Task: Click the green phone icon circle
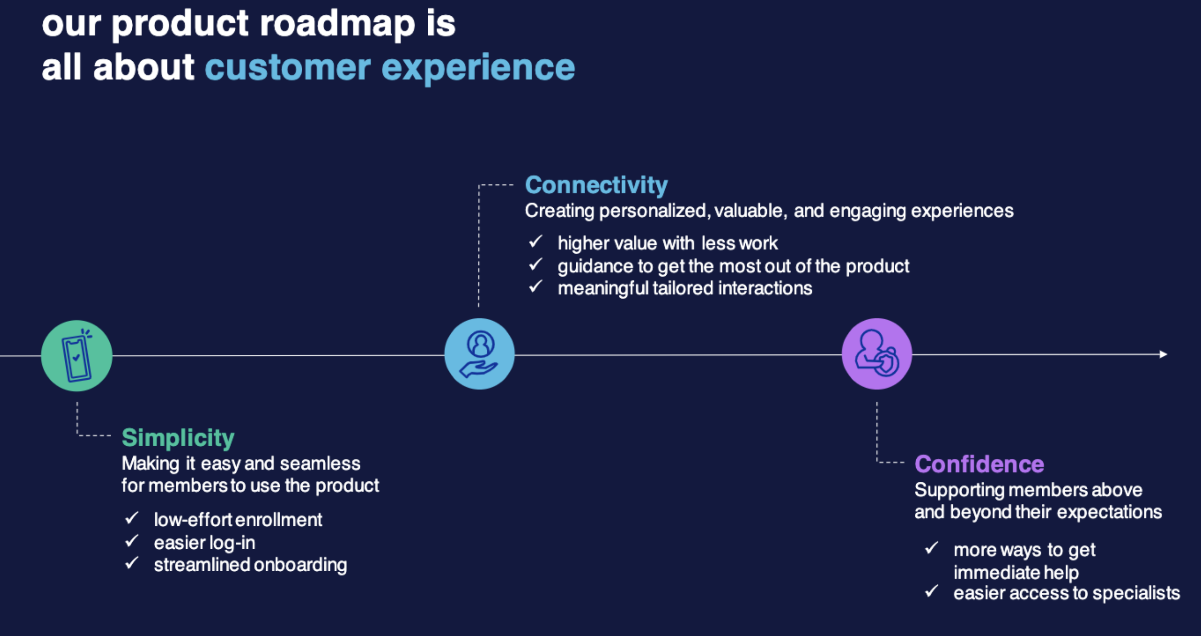click(x=77, y=355)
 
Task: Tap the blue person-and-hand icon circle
click(x=480, y=354)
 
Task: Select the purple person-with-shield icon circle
click(x=877, y=354)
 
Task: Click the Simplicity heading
click(x=178, y=437)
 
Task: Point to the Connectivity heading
click(x=596, y=185)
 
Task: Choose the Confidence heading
click(x=979, y=464)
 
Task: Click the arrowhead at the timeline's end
click(x=1163, y=354)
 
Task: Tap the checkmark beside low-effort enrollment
click(x=132, y=518)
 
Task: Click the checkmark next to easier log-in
click(x=132, y=541)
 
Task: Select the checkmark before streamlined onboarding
click(x=132, y=563)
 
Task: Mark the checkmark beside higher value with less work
click(x=535, y=242)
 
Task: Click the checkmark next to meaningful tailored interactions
click(x=535, y=287)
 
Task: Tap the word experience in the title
click(x=478, y=67)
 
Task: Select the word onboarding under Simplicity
click(x=300, y=564)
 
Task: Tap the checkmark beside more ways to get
click(x=932, y=548)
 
